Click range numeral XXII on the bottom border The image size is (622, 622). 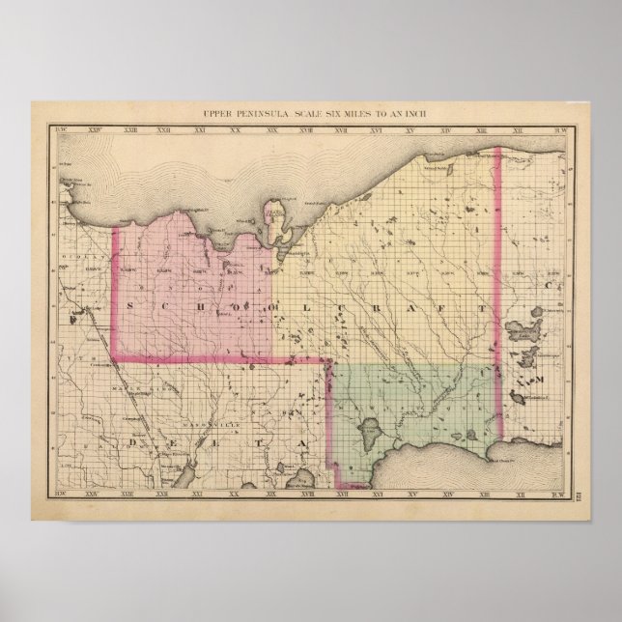coord(164,499)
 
